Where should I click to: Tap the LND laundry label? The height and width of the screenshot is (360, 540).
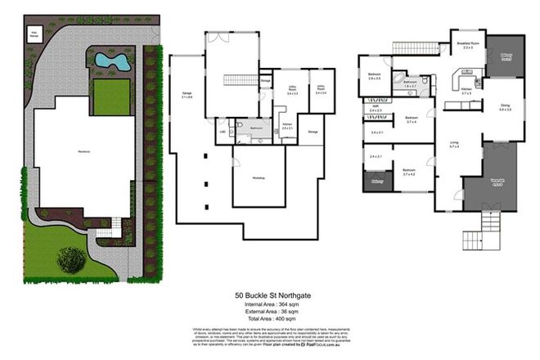pos(222,131)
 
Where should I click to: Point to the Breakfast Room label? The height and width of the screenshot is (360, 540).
pos(468,46)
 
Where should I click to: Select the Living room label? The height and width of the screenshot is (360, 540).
pos(453,146)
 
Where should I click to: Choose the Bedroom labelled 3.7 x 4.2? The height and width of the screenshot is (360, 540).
pos(410,172)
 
